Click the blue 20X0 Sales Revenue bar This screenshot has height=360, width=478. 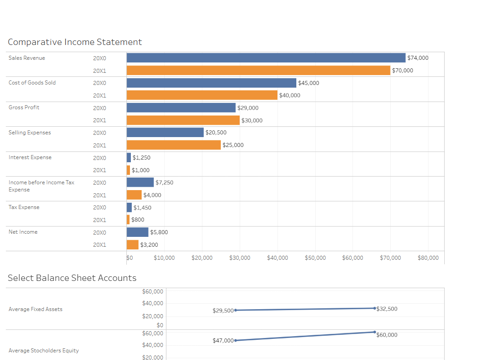click(266, 58)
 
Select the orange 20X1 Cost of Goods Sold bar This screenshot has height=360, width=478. click(202, 95)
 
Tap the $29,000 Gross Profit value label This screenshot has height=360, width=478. click(248, 108)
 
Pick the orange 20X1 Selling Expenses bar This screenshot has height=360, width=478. click(174, 145)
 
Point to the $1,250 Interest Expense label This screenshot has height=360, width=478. click(142, 158)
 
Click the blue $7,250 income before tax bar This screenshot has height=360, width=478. click(140, 182)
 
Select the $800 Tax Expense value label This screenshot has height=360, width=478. click(138, 220)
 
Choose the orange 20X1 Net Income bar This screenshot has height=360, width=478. click(133, 244)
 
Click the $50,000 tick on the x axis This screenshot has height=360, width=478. click(315, 258)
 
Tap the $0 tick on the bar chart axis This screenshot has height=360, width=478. click(130, 258)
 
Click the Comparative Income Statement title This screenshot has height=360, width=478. click(75, 42)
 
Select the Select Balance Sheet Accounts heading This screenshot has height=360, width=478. click(72, 278)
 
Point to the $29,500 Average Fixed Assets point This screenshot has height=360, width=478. click(236, 310)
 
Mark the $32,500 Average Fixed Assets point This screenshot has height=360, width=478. click(375, 308)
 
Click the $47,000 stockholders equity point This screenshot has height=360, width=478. click(236, 340)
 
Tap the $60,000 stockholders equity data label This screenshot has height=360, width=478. click(387, 335)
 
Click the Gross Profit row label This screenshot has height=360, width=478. click(24, 107)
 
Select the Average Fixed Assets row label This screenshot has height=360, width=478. click(36, 309)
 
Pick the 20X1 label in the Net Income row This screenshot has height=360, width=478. click(99, 245)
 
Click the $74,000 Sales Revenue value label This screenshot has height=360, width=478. click(418, 58)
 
